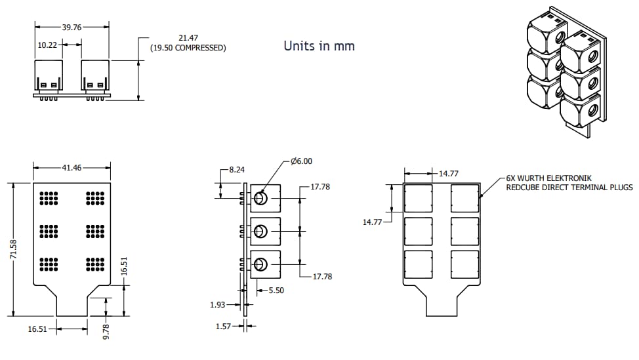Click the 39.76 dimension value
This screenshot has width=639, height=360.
pyautogui.click(x=72, y=27)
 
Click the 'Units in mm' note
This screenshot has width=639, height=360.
pyautogui.click(x=319, y=46)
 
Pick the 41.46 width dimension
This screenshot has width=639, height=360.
pyautogui.click(x=72, y=168)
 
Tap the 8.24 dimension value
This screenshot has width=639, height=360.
pyautogui.click(x=237, y=170)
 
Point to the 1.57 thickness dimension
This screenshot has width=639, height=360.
pyautogui.click(x=225, y=326)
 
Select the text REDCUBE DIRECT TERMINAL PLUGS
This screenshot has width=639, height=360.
pyautogui.click(x=569, y=188)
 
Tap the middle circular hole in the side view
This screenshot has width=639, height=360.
pyautogui.click(x=260, y=231)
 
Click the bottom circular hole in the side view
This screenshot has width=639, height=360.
pyautogui.click(x=260, y=264)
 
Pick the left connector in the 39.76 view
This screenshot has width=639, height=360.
pyautogui.click(x=49, y=77)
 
